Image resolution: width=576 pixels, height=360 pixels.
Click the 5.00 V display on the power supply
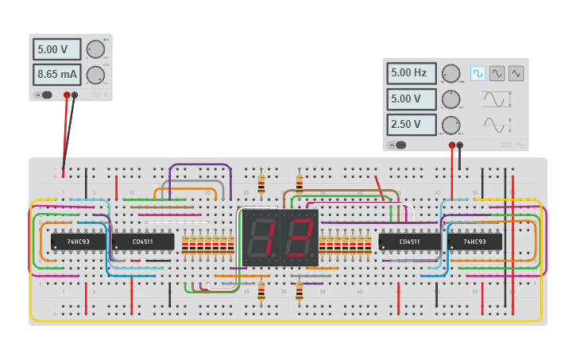(x=56, y=49)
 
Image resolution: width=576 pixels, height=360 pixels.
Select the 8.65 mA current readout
(x=56, y=75)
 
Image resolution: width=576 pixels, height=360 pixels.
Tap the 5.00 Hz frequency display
(x=412, y=74)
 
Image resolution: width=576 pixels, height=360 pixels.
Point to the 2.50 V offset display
(x=412, y=126)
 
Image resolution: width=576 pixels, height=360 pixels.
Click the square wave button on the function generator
(x=477, y=73)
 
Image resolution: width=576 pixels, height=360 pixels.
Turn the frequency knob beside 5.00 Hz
(x=450, y=74)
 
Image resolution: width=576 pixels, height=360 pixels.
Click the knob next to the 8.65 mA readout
(x=95, y=75)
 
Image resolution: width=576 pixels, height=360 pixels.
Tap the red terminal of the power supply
(x=67, y=95)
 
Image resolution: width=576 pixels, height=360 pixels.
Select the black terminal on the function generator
(x=460, y=145)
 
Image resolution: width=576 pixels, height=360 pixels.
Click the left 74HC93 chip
(x=78, y=242)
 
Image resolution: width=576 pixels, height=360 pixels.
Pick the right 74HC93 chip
(x=474, y=242)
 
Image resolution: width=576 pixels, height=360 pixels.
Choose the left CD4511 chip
(x=143, y=242)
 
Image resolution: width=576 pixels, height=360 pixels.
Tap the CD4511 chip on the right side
(x=410, y=242)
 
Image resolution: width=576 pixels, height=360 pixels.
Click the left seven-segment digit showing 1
(x=259, y=237)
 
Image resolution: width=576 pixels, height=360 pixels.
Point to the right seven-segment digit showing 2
(x=299, y=237)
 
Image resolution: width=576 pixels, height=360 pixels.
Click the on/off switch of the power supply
(x=44, y=95)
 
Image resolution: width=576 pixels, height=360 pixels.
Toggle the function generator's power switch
(x=397, y=145)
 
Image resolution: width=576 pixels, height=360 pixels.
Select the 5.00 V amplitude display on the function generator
(x=412, y=99)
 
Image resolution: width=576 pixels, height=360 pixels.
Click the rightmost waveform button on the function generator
(x=516, y=73)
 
